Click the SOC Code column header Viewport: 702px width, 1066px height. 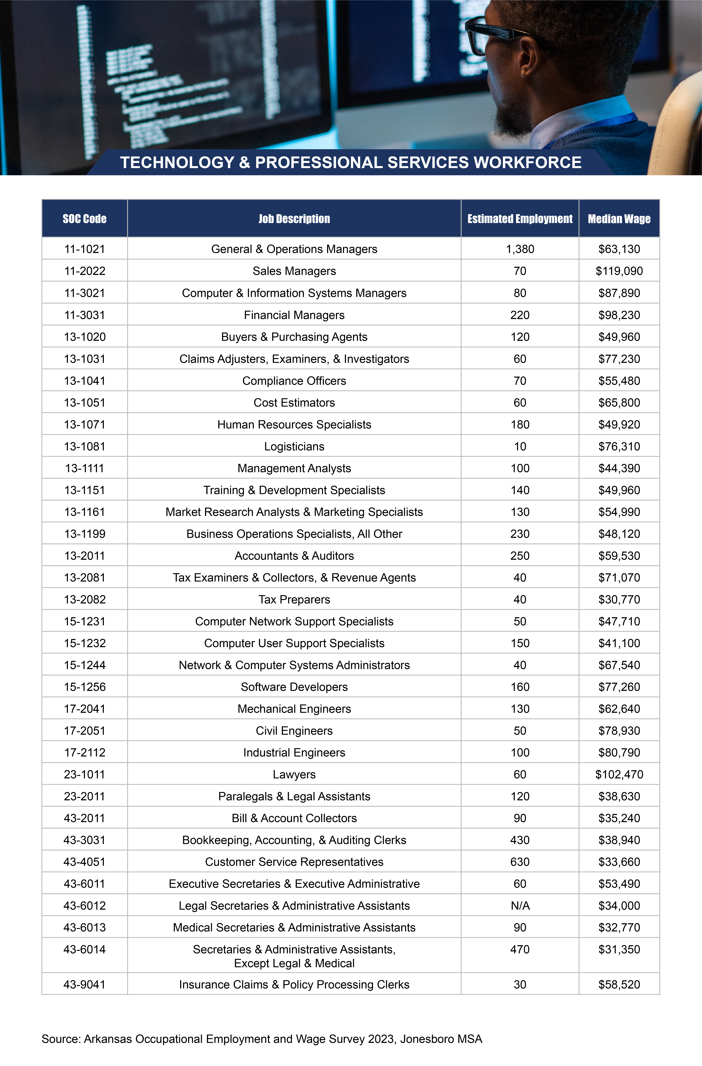point(84,219)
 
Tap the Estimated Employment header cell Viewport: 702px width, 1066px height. point(520,219)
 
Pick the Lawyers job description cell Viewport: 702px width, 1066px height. point(294,774)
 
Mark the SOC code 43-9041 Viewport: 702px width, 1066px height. point(84,985)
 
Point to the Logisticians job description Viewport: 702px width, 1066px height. point(294,447)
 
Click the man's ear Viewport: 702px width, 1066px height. point(529,56)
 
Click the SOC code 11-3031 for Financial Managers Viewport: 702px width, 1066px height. point(84,315)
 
